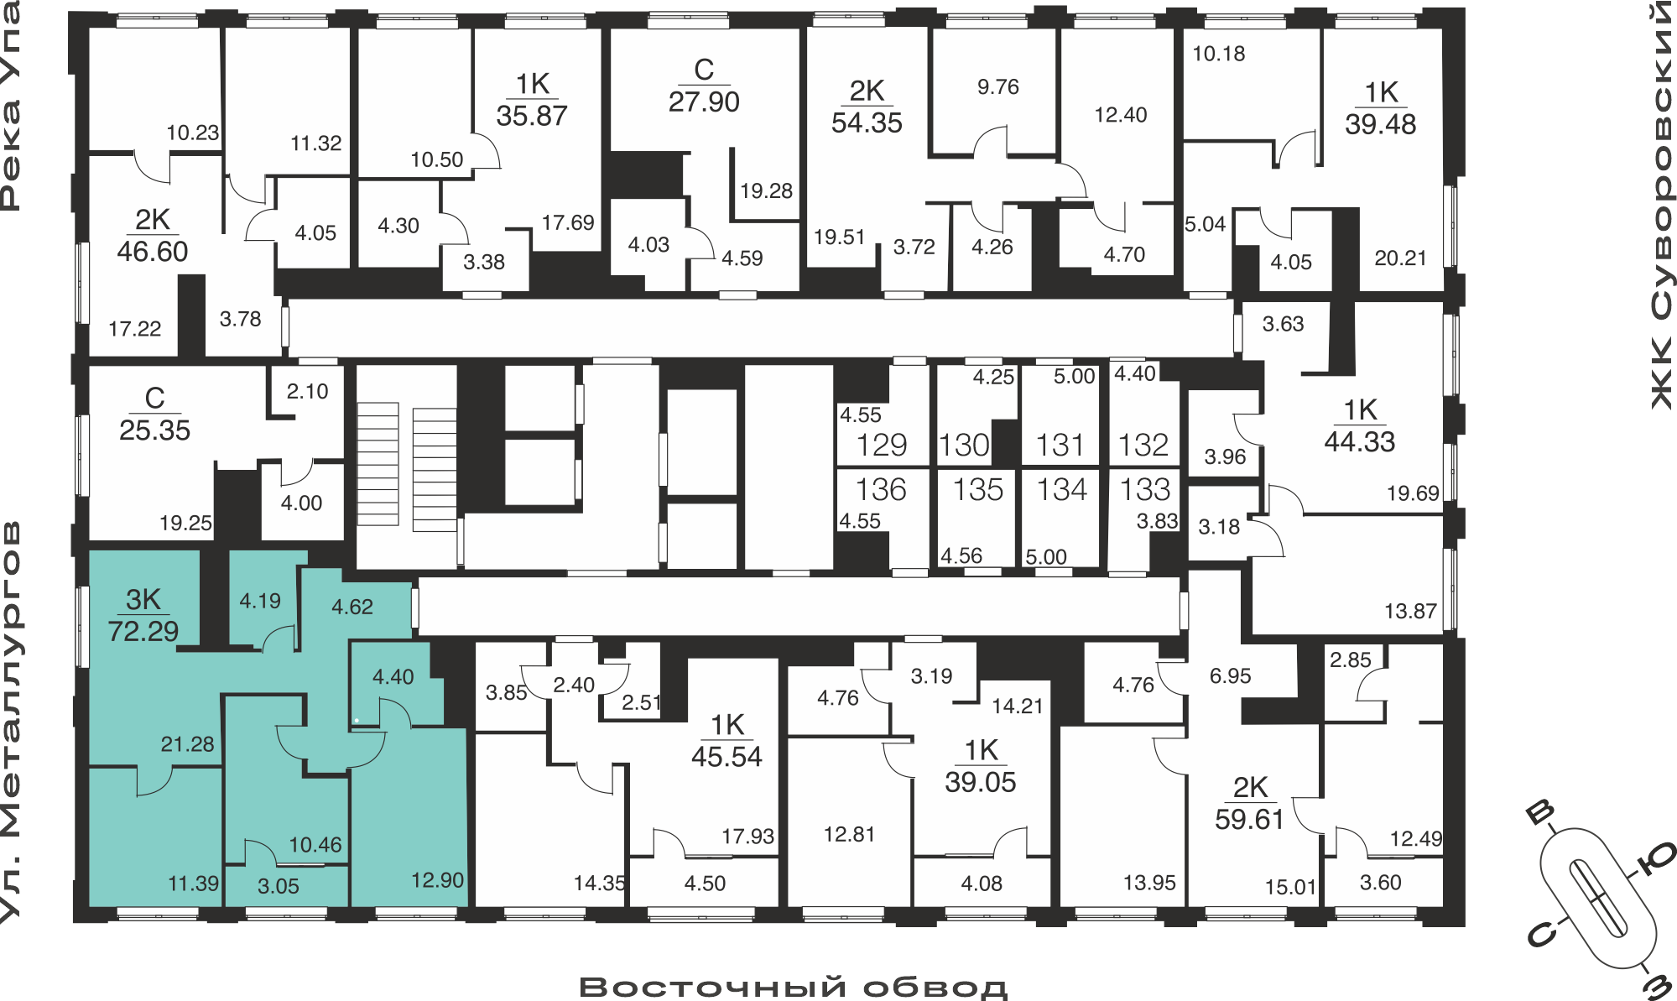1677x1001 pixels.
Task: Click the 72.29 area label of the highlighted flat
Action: point(143,631)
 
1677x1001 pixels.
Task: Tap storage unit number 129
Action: point(882,445)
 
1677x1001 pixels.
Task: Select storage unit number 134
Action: point(1061,489)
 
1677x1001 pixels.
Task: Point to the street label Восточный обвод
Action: point(794,988)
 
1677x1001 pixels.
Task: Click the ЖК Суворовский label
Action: point(1662,206)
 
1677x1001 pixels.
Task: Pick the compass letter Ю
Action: point(1656,859)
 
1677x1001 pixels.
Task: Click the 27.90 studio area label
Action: point(704,102)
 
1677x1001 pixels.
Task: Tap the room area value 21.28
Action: point(188,744)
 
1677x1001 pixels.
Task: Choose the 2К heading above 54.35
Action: point(867,91)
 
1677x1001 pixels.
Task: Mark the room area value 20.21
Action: point(1400,258)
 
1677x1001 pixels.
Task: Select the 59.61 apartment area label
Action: point(1250,819)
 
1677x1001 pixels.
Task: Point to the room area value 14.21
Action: point(1018,706)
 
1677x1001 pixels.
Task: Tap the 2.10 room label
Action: point(307,392)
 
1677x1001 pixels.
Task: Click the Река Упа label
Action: point(10,106)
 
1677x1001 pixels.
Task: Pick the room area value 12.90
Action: point(437,880)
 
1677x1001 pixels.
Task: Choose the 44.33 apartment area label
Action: point(1360,441)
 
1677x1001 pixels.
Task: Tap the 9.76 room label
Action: point(998,87)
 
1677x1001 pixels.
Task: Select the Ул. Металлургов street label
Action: point(10,722)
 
